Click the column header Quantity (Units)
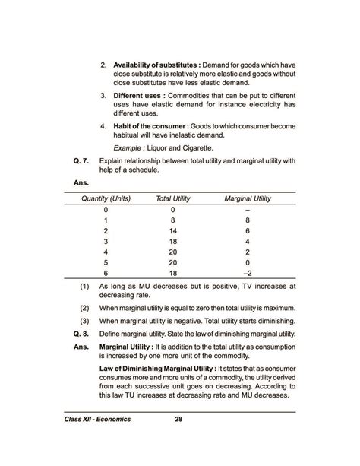106,198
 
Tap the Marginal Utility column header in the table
248,198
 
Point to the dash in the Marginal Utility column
248,209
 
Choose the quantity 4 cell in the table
106,251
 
